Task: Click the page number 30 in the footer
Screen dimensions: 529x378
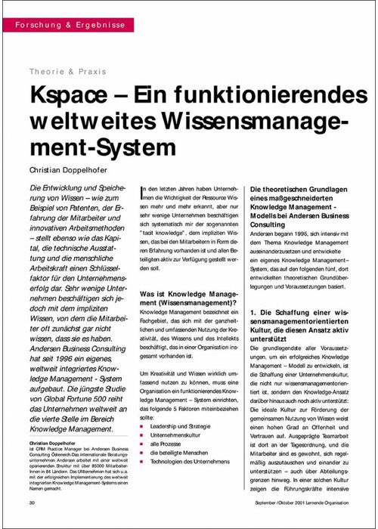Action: pyautogui.click(x=32, y=503)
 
